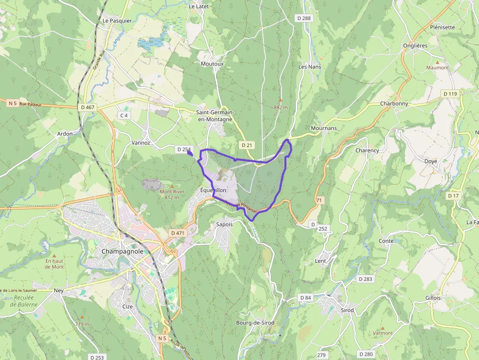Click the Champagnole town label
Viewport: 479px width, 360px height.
123,251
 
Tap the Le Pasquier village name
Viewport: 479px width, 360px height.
117,21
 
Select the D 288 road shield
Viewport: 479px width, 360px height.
304,18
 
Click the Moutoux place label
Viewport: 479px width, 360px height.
212,64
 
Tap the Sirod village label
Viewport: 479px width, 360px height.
348,310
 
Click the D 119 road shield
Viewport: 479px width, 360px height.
450,93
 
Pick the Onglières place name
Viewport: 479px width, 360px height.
415,45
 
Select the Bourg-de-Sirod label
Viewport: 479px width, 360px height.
255,323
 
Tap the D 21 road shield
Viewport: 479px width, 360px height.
247,145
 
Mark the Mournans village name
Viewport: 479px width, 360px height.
324,128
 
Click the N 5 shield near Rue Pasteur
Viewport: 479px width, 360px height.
13,104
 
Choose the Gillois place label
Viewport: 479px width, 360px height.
433,298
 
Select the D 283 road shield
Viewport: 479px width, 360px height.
365,279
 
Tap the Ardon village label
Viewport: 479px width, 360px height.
65,134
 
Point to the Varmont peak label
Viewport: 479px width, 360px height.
383,333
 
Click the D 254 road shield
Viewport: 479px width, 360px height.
184,149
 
